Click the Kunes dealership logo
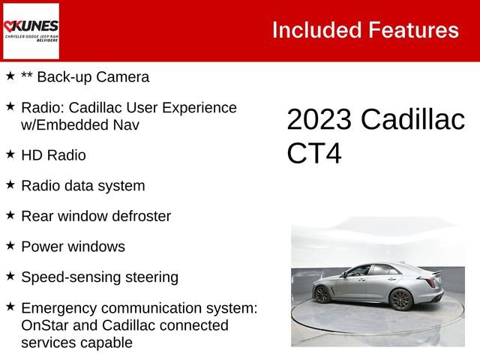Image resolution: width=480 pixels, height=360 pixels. (x=31, y=31)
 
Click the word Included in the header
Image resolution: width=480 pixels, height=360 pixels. (x=316, y=30)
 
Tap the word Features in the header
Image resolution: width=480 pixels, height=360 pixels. (x=413, y=30)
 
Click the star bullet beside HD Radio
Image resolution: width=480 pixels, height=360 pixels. (x=10, y=154)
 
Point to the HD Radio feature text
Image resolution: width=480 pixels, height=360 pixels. (x=53, y=155)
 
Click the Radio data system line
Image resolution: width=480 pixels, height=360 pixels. (x=82, y=185)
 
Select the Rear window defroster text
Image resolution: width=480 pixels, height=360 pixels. (x=96, y=216)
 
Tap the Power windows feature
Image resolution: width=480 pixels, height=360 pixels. (x=73, y=247)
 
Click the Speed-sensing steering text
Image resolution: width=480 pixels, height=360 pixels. (x=100, y=277)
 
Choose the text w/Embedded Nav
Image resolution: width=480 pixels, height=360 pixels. (x=73, y=124)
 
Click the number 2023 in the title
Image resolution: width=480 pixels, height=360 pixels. (x=319, y=120)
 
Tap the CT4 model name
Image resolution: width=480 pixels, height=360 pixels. (x=313, y=154)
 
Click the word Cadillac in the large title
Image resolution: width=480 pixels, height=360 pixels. (x=412, y=120)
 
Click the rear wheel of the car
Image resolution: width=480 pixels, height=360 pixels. (x=323, y=295)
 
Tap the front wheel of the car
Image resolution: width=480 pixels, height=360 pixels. (x=401, y=299)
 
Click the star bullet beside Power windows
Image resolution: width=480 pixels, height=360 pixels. (x=10, y=245)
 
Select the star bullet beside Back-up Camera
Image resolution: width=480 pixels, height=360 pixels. (x=10, y=76)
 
